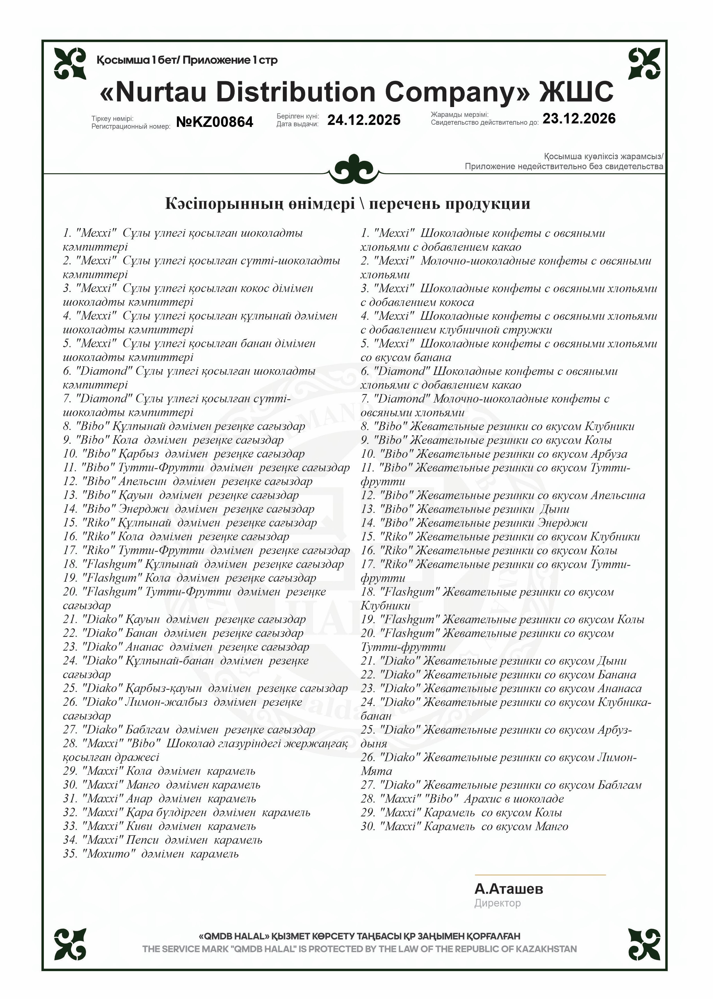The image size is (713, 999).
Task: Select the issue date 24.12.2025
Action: pyautogui.click(x=364, y=120)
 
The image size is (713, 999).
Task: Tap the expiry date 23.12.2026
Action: pyautogui.click(x=579, y=118)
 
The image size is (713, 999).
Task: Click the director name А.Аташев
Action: pyautogui.click(x=508, y=889)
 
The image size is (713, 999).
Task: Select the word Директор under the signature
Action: pyautogui.click(x=497, y=903)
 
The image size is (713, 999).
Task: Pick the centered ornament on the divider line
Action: pyautogui.click(x=354, y=169)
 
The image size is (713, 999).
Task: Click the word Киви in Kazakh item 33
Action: pyautogui.click(x=139, y=826)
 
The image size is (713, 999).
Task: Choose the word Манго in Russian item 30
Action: pyautogui.click(x=551, y=826)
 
